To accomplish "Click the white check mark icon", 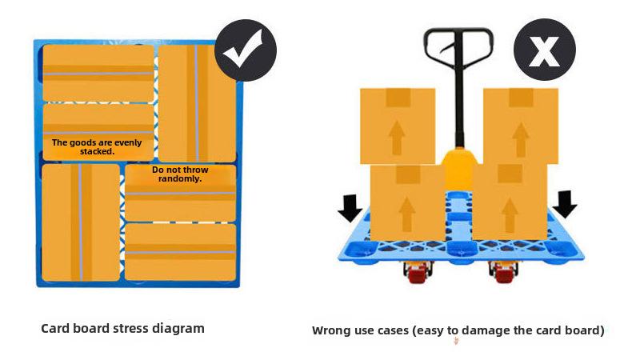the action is (244, 49).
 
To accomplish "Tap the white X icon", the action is (544, 51).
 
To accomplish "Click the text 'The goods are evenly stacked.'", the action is (97, 146).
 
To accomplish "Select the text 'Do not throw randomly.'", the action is (180, 174).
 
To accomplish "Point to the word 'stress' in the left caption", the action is (131, 328).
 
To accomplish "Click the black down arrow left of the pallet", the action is (350, 208).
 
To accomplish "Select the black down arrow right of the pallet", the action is (565, 204).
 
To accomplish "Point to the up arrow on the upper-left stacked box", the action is (397, 138).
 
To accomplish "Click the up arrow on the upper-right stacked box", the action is (520, 139).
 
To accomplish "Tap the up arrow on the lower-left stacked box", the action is (407, 214).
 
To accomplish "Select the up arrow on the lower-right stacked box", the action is (510, 215).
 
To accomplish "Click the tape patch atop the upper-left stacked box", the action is (398, 98).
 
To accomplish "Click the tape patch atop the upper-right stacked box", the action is (521, 98).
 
